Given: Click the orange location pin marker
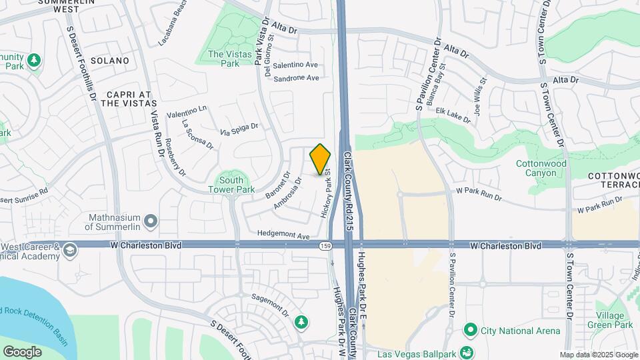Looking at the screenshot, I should point(321,159).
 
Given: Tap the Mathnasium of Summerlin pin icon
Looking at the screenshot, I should point(151,220).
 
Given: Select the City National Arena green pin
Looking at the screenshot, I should point(471,329).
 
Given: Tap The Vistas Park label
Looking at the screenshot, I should point(223,59).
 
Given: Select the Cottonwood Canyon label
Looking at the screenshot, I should point(541,168).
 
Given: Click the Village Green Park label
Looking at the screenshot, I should point(609,320).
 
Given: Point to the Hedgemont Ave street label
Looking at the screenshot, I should point(285,236).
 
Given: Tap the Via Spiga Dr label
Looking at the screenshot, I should point(239,129).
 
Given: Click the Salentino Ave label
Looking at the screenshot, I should point(296,65).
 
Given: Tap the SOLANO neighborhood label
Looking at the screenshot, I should point(109,61).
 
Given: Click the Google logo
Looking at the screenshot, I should point(22,351).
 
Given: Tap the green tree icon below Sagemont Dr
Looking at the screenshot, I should point(302,322).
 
